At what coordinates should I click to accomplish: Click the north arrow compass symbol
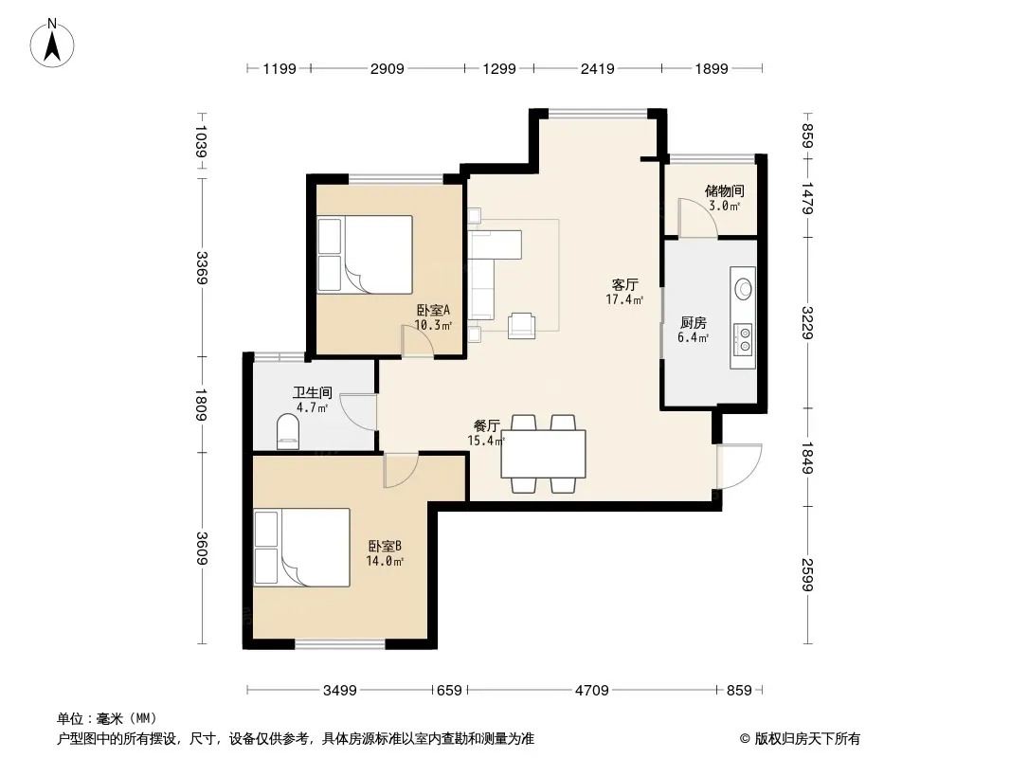click(52, 44)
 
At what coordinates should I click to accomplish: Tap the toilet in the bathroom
click(287, 431)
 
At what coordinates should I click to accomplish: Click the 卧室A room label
click(433, 311)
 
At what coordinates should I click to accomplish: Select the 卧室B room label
click(385, 546)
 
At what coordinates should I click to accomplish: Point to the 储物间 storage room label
click(725, 190)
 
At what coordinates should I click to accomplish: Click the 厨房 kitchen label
click(694, 323)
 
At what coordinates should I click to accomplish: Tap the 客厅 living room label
click(624, 284)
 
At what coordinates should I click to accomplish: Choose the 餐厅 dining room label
click(486, 425)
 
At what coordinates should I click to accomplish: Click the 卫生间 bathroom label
click(313, 392)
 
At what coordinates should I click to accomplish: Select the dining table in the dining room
click(543, 454)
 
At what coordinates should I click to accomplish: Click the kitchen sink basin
click(744, 289)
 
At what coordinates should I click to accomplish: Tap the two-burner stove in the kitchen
click(745, 339)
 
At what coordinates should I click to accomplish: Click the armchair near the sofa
click(521, 325)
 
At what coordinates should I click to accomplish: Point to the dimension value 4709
click(592, 691)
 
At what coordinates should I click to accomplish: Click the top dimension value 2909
click(388, 69)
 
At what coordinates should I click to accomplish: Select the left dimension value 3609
click(202, 548)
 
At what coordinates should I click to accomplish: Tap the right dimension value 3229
click(808, 323)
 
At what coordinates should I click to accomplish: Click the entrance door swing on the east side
click(739, 466)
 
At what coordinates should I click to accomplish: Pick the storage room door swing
click(698, 218)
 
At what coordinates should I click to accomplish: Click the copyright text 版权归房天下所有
click(807, 739)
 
